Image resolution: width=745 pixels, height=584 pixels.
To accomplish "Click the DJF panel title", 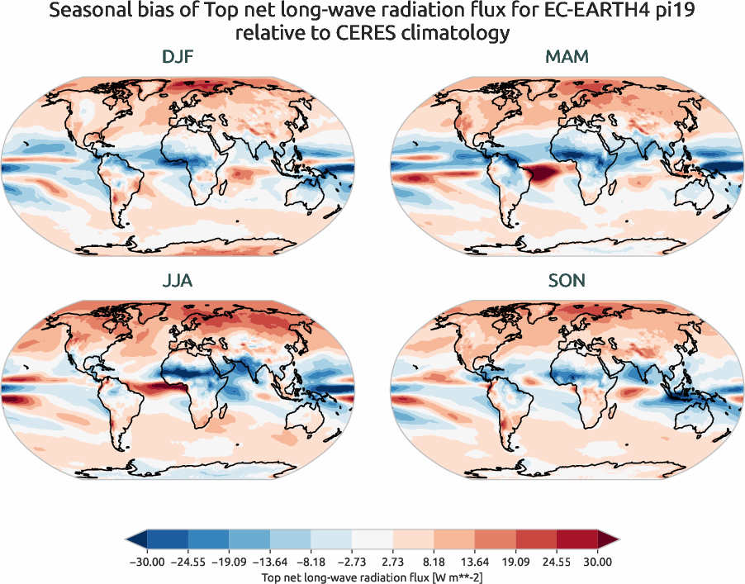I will tap(178, 57).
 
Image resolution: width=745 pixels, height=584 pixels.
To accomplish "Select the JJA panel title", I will tap(178, 281).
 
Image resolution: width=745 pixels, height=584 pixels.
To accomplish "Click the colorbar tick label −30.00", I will tap(146, 562).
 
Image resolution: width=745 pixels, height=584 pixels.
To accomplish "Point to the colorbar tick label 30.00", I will tap(597, 562).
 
